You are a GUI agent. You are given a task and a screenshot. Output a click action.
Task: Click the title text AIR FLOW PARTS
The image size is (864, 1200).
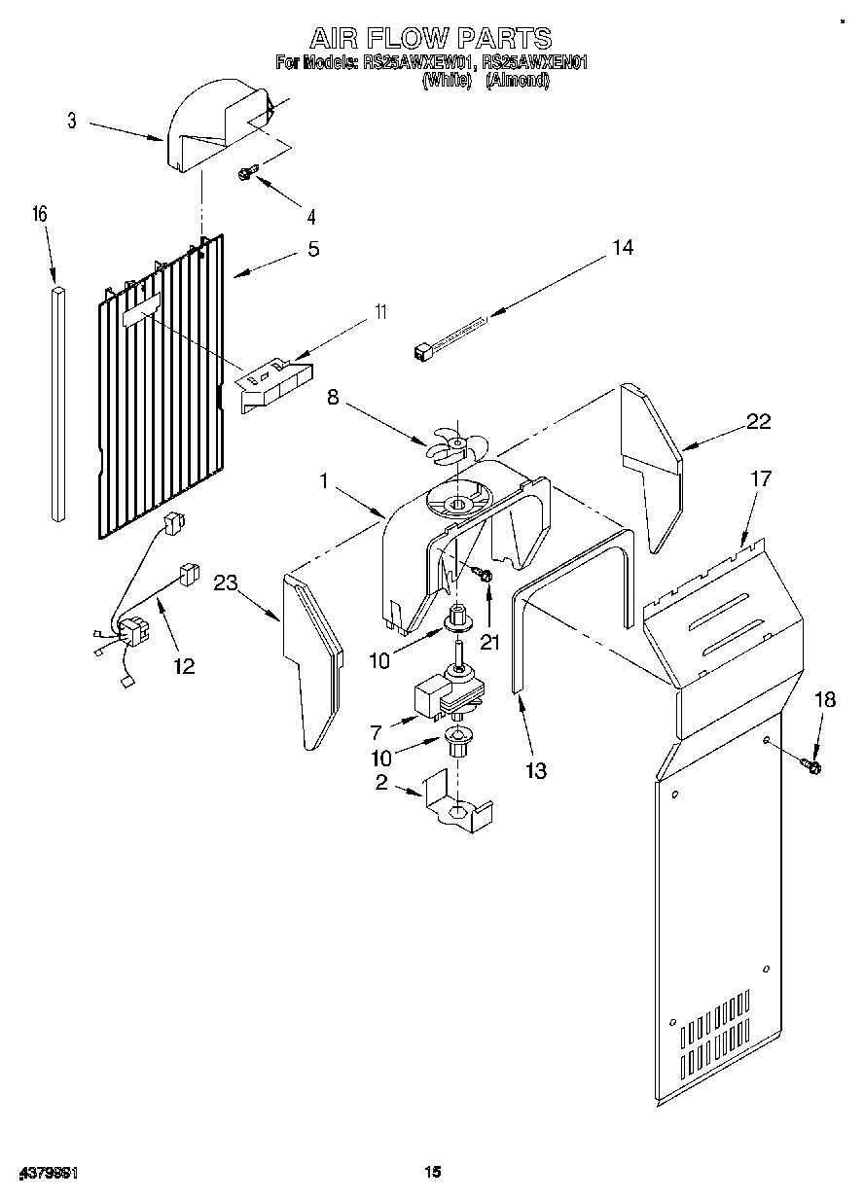coord(430,38)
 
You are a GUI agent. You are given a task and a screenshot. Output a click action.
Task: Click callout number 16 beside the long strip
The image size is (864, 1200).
coord(40,215)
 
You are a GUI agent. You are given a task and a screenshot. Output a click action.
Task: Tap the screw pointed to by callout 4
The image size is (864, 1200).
coord(247,173)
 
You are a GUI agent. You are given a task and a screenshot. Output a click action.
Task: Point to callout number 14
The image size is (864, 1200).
coord(623,248)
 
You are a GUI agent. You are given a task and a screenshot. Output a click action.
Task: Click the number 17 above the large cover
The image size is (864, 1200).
coord(760,478)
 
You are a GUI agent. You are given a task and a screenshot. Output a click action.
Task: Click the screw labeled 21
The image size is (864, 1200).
coord(484,577)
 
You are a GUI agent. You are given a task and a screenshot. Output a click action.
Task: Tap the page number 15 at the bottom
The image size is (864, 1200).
coord(432,1173)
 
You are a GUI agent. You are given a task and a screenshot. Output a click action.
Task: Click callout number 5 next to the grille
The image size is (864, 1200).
coord(312,249)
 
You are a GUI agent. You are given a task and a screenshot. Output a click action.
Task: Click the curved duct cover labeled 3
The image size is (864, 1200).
coord(214,131)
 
